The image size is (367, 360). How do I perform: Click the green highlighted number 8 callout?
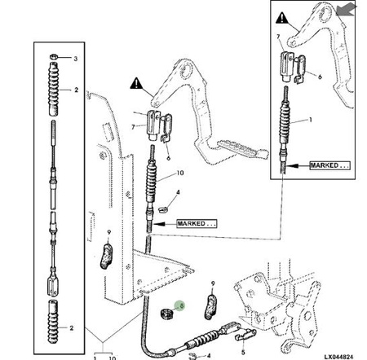point(179,306)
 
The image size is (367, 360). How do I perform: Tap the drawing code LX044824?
point(338,357)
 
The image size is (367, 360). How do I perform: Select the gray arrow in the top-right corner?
point(346,10)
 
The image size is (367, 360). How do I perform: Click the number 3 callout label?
point(76,59)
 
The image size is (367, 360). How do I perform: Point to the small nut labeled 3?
point(54,57)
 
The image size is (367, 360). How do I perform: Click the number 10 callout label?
point(180,173)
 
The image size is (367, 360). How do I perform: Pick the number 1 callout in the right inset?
point(311,120)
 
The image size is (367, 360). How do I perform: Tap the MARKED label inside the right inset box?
point(329,165)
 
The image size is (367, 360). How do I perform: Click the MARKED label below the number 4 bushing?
point(197,224)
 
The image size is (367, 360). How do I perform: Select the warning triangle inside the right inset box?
point(282,18)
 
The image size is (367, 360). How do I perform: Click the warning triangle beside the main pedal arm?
point(136,83)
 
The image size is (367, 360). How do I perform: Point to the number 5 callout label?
point(243,353)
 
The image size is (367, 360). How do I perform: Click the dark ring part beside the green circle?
point(166,314)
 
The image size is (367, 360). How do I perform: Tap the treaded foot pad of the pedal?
point(242,148)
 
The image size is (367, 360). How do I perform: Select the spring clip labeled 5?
point(245,335)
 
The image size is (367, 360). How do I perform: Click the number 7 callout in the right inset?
point(278,37)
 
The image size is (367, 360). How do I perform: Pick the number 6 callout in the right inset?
point(320,77)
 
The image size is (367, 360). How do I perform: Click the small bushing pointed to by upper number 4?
point(162,209)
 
